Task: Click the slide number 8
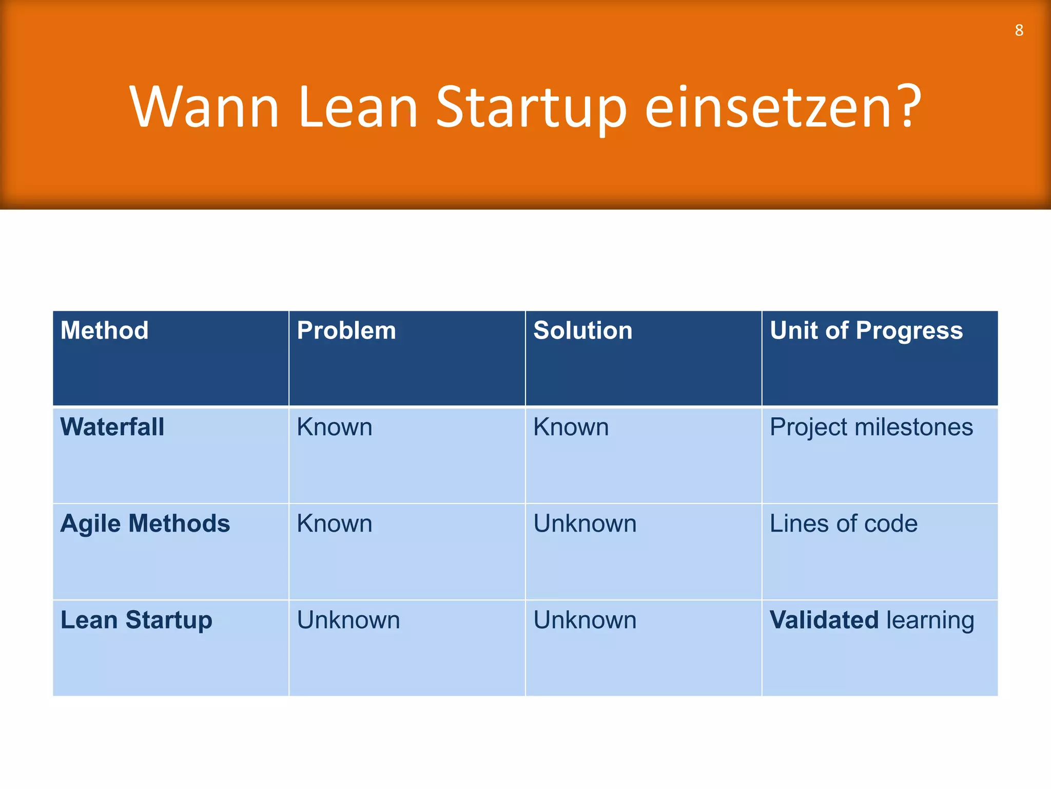[x=1019, y=31]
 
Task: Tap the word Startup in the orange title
[x=531, y=108]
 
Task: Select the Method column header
[x=104, y=330]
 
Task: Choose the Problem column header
[x=346, y=330]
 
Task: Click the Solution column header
[x=582, y=330]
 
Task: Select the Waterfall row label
[x=112, y=427]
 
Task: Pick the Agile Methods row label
[x=145, y=523]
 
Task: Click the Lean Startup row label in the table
[x=136, y=620]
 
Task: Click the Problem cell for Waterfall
[x=335, y=427]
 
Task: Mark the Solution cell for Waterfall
[x=571, y=427]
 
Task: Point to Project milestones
[x=871, y=427]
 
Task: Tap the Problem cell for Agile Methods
[x=335, y=523]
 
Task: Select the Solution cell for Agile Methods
[x=585, y=523]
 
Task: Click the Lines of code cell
[x=843, y=523]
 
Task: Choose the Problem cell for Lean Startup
[x=348, y=620]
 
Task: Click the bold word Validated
[x=824, y=620]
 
